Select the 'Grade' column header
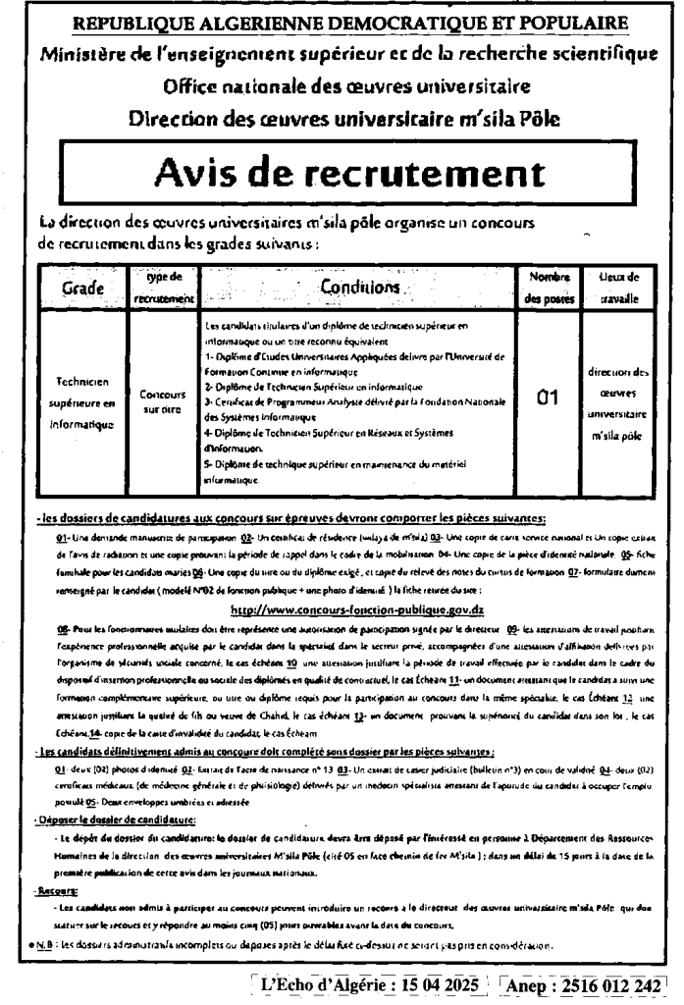(x=85, y=290)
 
